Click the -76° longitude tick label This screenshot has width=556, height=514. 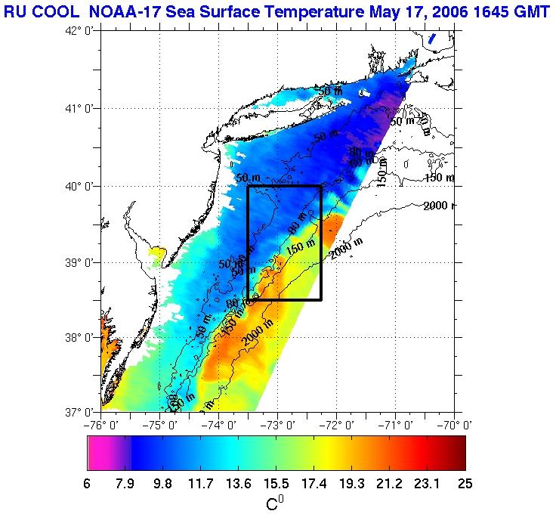pos(101,425)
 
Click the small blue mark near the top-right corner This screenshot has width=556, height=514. pos(431,39)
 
